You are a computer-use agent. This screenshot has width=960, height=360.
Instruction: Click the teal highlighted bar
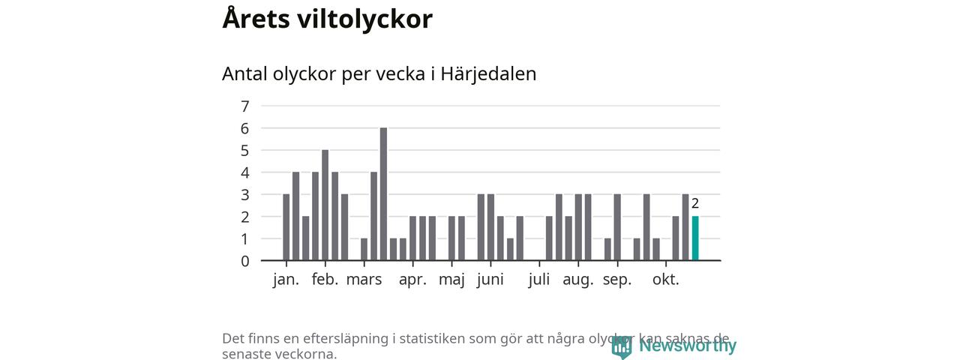coord(695,238)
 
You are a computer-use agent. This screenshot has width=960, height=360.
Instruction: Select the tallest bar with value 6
coord(383,194)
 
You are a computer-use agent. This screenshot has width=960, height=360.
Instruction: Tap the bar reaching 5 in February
coord(325,205)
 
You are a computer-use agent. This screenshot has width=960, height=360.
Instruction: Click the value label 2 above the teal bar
coord(695,203)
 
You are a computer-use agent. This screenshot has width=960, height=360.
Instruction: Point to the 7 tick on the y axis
coord(245,106)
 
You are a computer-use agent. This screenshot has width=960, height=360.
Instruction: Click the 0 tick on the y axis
coord(245,261)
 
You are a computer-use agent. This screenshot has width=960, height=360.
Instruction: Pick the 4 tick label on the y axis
coord(245,172)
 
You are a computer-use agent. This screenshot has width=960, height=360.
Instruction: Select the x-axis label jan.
coord(286,280)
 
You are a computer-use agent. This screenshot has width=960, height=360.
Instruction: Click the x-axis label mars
coord(364,280)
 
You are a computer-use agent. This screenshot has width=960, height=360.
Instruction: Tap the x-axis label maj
coord(451,280)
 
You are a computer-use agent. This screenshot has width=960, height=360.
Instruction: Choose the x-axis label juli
coord(538,280)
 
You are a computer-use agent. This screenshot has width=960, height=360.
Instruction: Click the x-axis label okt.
coord(665,280)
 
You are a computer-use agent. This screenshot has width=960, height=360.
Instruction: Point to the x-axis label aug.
coord(578,280)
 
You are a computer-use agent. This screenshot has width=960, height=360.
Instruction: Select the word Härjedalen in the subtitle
coord(488,74)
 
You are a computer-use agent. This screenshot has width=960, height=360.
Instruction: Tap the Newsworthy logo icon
coord(621,346)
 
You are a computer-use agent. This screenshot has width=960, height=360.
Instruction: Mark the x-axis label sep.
coord(616,280)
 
